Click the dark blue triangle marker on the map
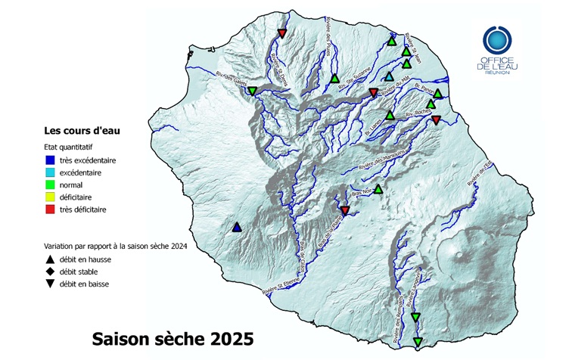[237, 227]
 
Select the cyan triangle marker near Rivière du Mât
[388, 77]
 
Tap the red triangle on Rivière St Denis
[281, 33]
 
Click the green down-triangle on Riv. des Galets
[252, 91]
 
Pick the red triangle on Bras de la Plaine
[344, 209]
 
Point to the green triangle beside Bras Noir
[378, 188]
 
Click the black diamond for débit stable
[50, 272]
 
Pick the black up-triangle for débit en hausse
[50, 259]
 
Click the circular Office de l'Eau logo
[497, 39]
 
